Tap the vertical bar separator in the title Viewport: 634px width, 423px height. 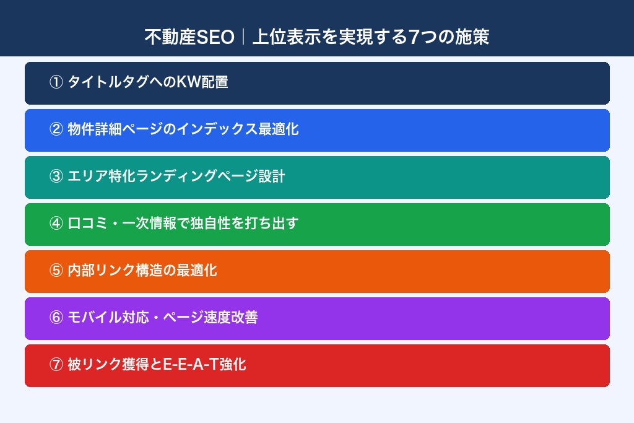tap(243, 37)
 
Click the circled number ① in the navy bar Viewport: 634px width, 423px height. tap(56, 82)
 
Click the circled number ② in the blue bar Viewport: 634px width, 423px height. tap(56, 129)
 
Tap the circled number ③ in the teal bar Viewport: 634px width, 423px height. tap(56, 177)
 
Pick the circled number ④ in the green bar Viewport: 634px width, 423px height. tap(56, 224)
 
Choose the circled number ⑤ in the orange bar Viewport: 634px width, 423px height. tap(56, 271)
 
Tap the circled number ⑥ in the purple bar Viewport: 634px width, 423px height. tap(56, 318)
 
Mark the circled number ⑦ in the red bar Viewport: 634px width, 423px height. tap(56, 365)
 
